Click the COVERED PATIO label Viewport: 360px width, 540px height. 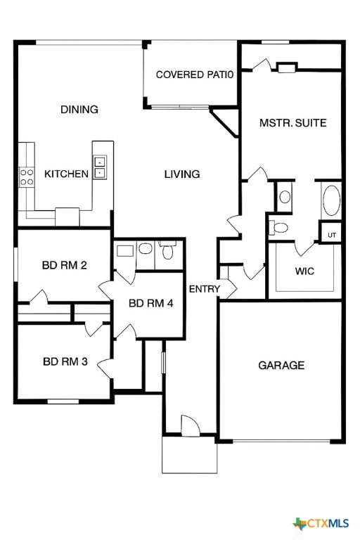194,75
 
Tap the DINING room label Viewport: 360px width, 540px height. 79,110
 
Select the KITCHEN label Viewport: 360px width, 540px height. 66,174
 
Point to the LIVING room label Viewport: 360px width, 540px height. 182,174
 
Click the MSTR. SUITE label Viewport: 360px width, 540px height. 292,123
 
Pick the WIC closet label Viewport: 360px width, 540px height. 304,271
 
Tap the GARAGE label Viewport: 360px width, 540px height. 281,365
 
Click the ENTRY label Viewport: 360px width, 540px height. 205,289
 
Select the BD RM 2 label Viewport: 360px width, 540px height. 64,265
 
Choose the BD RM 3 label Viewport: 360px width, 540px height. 65,362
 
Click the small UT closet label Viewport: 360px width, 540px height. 331,234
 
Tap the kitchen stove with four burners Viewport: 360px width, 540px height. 27,176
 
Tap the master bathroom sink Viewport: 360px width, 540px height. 285,197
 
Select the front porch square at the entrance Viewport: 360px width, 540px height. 189,455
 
